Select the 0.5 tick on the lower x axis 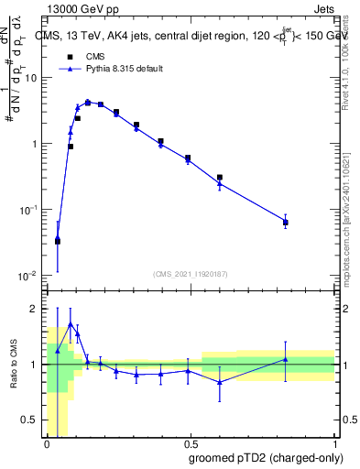(190, 443)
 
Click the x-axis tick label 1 (333, 443)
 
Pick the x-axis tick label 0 (47, 443)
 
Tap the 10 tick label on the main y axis (30, 78)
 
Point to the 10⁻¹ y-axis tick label (28, 210)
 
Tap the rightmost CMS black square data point (286, 223)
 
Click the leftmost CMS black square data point (58, 242)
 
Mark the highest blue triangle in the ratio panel (71, 324)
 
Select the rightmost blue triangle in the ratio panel (286, 359)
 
